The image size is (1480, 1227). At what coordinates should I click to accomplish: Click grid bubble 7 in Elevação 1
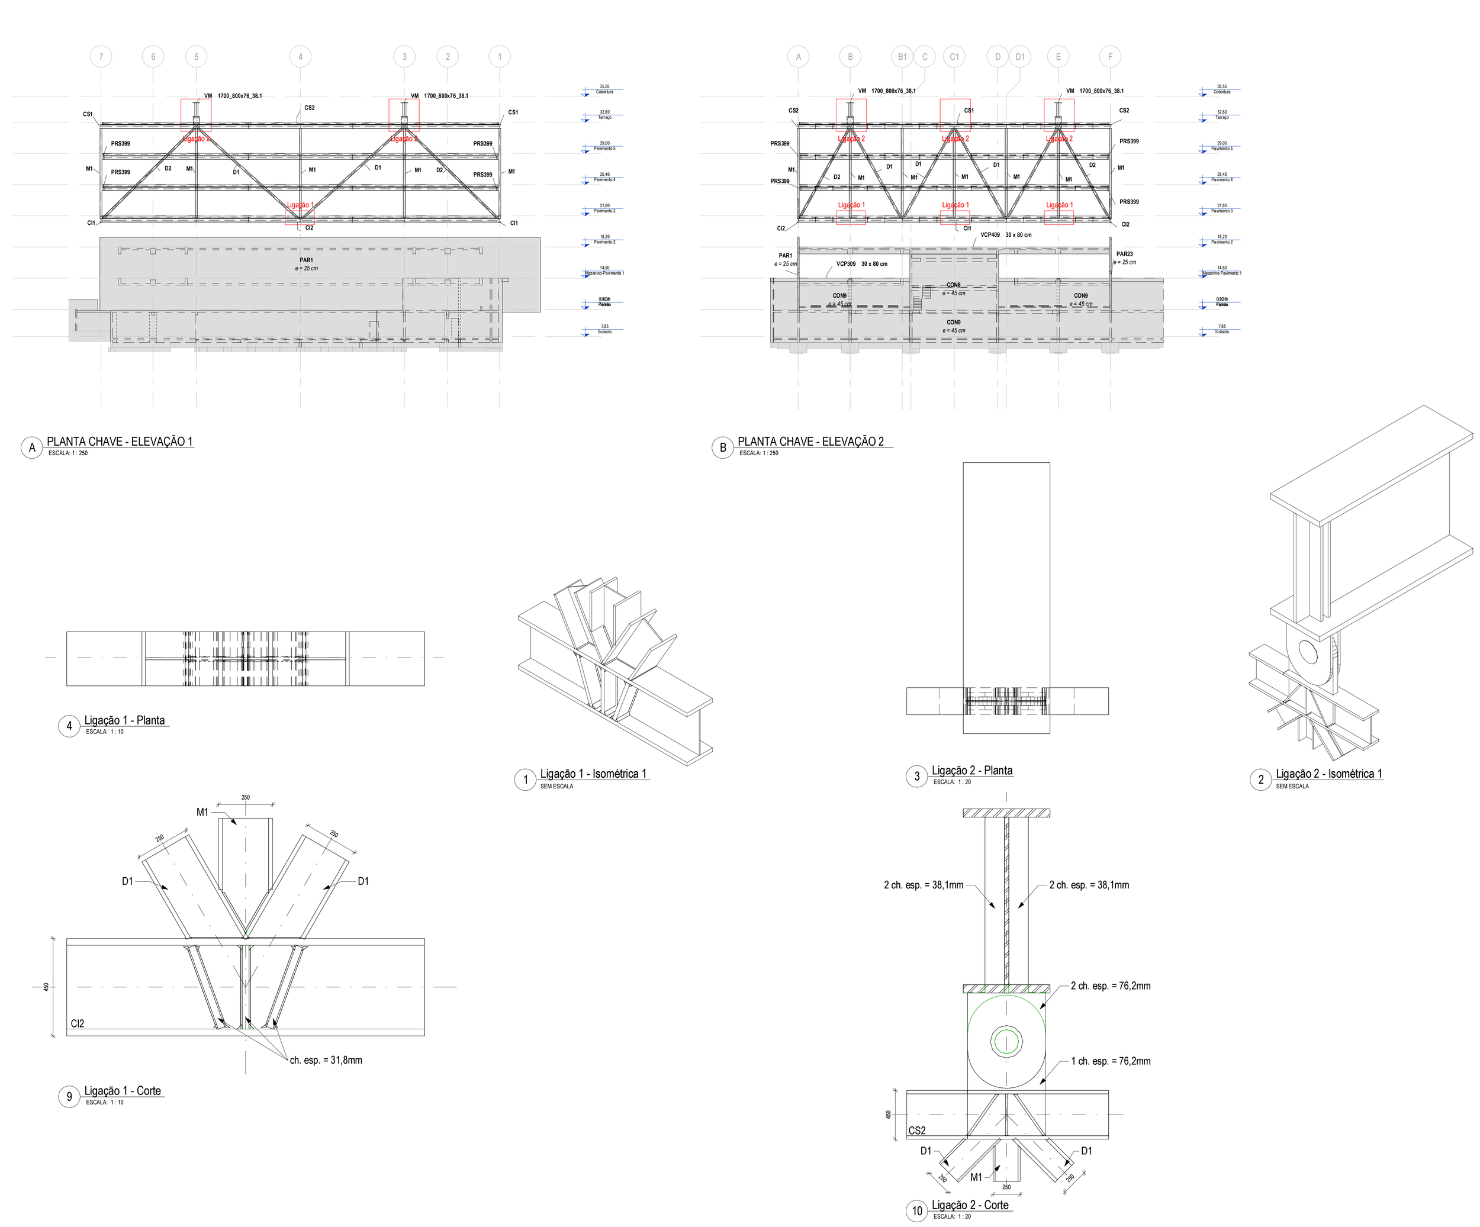pyautogui.click(x=101, y=57)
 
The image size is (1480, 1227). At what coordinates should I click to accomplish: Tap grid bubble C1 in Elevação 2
pyautogui.click(x=954, y=57)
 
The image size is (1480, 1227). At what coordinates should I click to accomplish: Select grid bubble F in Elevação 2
pyautogui.click(x=1110, y=57)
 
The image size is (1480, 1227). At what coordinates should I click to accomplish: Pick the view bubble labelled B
pyautogui.click(x=722, y=447)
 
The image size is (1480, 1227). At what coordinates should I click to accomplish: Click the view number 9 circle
pyautogui.click(x=69, y=1097)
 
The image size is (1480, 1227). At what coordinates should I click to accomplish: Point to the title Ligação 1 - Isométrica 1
pyautogui.click(x=593, y=774)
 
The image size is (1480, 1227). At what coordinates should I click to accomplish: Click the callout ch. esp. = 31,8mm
pyautogui.click(x=326, y=1060)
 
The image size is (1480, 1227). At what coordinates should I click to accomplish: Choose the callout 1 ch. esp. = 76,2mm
pyautogui.click(x=1111, y=1061)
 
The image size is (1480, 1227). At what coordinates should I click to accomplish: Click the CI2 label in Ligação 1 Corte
pyautogui.click(x=78, y=1023)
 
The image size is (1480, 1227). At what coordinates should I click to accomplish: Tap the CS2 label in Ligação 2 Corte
pyautogui.click(x=917, y=1131)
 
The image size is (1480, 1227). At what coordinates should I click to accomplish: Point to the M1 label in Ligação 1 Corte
pyautogui.click(x=202, y=812)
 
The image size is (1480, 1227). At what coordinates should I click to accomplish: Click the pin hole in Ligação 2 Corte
pyautogui.click(x=1006, y=1040)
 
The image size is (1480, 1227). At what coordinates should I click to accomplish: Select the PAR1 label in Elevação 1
pyautogui.click(x=306, y=260)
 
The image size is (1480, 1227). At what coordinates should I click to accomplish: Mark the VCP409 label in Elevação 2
pyautogui.click(x=989, y=235)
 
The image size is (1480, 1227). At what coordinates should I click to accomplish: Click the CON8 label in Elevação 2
pyautogui.click(x=954, y=285)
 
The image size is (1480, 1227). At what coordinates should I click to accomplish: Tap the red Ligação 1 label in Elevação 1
pyautogui.click(x=300, y=205)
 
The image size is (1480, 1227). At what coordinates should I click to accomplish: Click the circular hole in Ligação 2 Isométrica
pyautogui.click(x=1308, y=653)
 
